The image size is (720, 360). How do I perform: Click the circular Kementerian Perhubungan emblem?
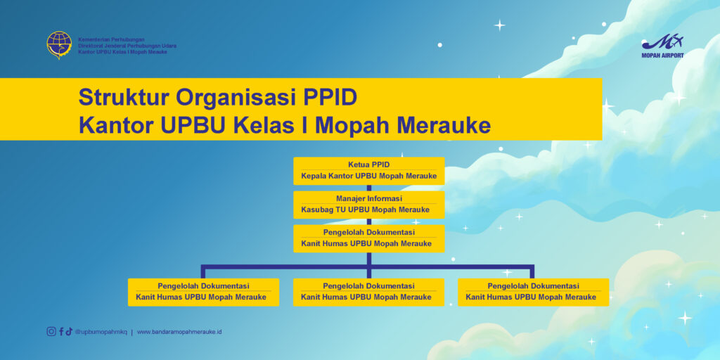coord(59,45)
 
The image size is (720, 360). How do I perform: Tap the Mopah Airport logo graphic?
coord(662,42)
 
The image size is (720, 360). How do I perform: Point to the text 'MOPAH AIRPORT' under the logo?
coord(662,56)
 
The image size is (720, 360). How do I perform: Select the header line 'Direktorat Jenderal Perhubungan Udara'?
coord(127,46)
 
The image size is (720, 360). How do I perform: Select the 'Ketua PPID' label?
coord(368,165)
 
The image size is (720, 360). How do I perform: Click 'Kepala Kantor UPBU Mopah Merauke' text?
coord(368,176)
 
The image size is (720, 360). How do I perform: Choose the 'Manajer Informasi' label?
coord(368,198)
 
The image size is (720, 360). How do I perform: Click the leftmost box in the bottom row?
coord(203,292)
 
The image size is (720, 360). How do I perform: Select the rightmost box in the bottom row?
coord(533,292)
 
